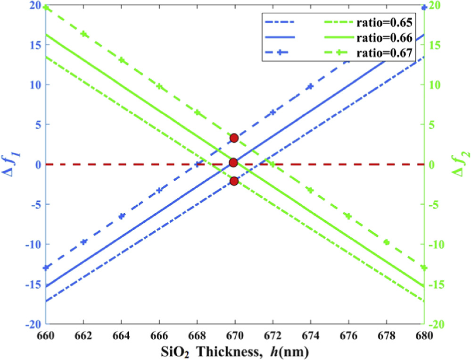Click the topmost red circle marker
pyautogui.click(x=234, y=138)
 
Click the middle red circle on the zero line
pyautogui.click(x=233, y=163)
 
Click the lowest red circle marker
pyautogui.click(x=234, y=181)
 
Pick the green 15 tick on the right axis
pyautogui.click(x=434, y=45)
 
